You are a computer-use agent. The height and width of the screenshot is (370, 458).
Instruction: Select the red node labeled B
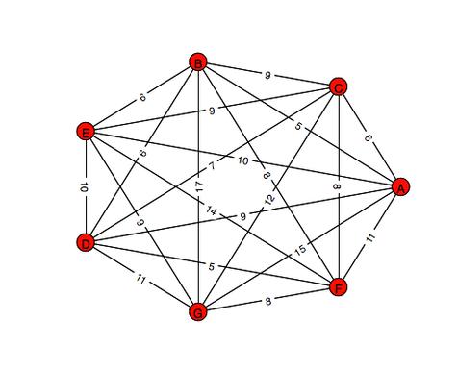tap(198, 63)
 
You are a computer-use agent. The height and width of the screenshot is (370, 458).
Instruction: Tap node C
tap(339, 87)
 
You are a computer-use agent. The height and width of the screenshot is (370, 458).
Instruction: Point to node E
tap(86, 131)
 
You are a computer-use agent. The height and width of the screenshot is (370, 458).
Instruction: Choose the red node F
tap(338, 286)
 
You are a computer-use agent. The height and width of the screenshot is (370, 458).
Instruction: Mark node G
tap(198, 311)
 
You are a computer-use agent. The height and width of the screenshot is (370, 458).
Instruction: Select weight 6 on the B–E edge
tap(142, 97)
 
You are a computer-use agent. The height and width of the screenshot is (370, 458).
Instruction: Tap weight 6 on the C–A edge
tap(368, 137)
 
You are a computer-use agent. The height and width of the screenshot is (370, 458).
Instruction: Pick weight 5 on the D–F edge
tap(210, 264)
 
